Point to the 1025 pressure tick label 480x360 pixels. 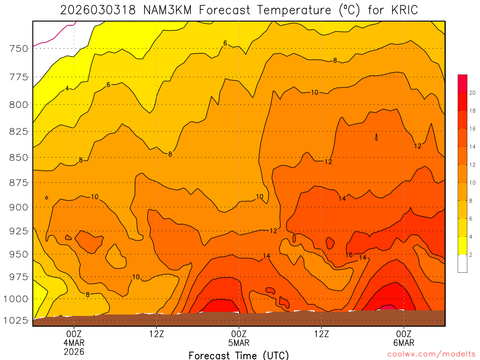(15, 321)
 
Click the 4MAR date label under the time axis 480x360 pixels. (74, 342)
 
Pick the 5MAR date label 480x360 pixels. (239, 342)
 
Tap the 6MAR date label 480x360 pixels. (404, 342)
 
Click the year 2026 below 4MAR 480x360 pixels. (74, 351)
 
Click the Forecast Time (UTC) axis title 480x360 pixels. (239, 355)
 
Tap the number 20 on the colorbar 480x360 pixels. (472, 93)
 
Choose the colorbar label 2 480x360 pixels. (471, 255)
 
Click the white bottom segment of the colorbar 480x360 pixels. (462, 263)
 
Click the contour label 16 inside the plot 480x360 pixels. (349, 255)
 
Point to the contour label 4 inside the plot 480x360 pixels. (67, 88)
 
